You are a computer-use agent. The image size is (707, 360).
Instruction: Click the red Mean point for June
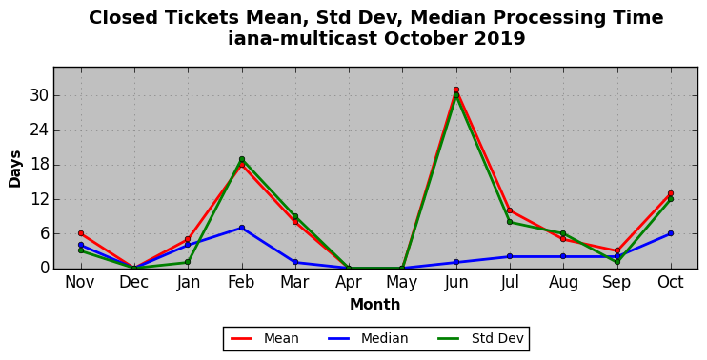[456, 90]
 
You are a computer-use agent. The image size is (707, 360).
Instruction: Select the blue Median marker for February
[242, 228]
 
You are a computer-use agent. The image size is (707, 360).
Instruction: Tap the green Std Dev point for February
[242, 159]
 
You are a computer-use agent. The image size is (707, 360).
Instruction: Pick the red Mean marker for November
[81, 233]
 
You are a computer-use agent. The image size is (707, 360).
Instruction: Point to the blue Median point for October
[671, 233]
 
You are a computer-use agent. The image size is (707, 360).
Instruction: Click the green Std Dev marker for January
[188, 262]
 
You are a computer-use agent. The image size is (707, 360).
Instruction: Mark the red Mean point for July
[510, 210]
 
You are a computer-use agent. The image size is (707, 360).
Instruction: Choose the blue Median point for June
[456, 262]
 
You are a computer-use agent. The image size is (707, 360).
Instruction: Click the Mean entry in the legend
[265, 338]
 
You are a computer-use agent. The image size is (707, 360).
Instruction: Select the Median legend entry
[368, 338]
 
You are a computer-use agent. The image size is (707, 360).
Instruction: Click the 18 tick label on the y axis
[38, 165]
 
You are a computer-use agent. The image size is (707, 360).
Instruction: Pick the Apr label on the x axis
[349, 283]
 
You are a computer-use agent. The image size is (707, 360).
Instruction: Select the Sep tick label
[616, 283]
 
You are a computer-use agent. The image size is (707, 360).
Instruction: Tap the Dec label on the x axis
[134, 282]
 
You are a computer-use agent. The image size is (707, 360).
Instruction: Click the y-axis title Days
[15, 169]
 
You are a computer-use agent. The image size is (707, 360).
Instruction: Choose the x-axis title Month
[375, 305]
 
